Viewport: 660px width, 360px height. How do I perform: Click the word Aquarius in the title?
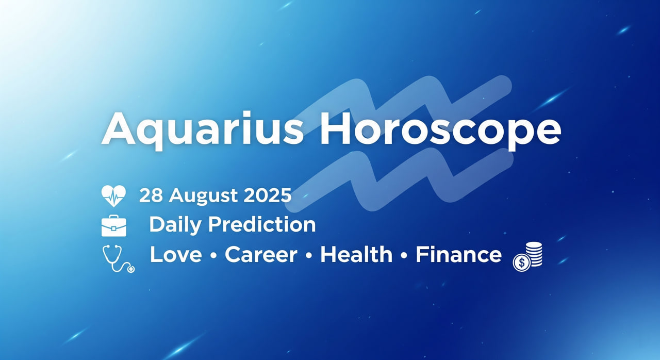(x=203, y=130)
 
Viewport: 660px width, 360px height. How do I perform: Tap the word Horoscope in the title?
(x=440, y=130)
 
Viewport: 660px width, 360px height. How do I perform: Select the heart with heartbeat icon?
(x=113, y=195)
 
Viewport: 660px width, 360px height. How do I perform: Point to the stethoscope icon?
(x=119, y=259)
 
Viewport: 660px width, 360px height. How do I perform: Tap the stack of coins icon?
(x=527, y=256)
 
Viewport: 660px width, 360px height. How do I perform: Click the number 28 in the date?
(x=151, y=195)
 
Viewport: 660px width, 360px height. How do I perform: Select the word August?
(x=203, y=197)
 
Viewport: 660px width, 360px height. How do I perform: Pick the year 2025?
(x=268, y=195)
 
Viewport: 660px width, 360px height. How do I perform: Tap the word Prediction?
(x=262, y=224)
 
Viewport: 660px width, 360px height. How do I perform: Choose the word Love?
(x=176, y=254)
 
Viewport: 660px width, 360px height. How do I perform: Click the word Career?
(x=261, y=255)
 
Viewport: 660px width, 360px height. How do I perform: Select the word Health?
(x=356, y=254)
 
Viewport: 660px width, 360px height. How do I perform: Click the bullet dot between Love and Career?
(x=213, y=256)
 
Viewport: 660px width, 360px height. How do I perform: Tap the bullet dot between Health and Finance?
(x=404, y=256)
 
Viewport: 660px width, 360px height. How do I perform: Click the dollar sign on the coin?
(x=522, y=263)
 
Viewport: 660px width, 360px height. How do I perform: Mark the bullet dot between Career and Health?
(x=309, y=256)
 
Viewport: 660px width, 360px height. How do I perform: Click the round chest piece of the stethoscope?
(x=130, y=269)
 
